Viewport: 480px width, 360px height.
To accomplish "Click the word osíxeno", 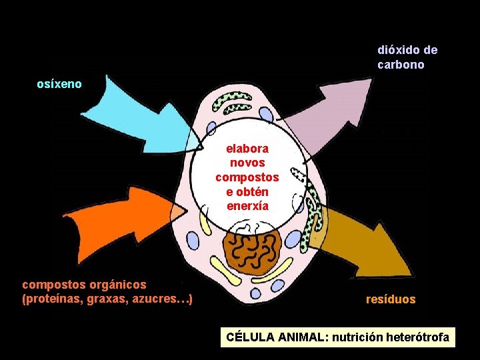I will pos(59,84).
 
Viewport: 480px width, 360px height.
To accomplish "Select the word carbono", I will pos(401,65).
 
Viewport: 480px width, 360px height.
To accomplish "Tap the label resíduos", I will pos(391,299).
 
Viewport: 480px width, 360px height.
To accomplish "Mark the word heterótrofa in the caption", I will pos(419,337).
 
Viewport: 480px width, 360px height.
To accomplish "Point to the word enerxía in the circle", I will pos(247,205).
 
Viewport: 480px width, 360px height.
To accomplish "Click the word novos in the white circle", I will pos(247,163).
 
